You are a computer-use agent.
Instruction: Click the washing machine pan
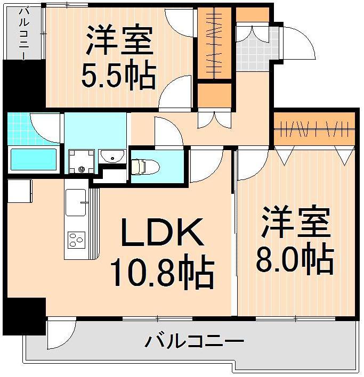(x=81, y=161)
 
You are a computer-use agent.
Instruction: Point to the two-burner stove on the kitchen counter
(x=76, y=240)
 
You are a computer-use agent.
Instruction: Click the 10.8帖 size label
(x=161, y=272)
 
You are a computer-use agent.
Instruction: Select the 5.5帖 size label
(x=118, y=76)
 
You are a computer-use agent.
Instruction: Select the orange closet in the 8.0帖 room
(x=314, y=129)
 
